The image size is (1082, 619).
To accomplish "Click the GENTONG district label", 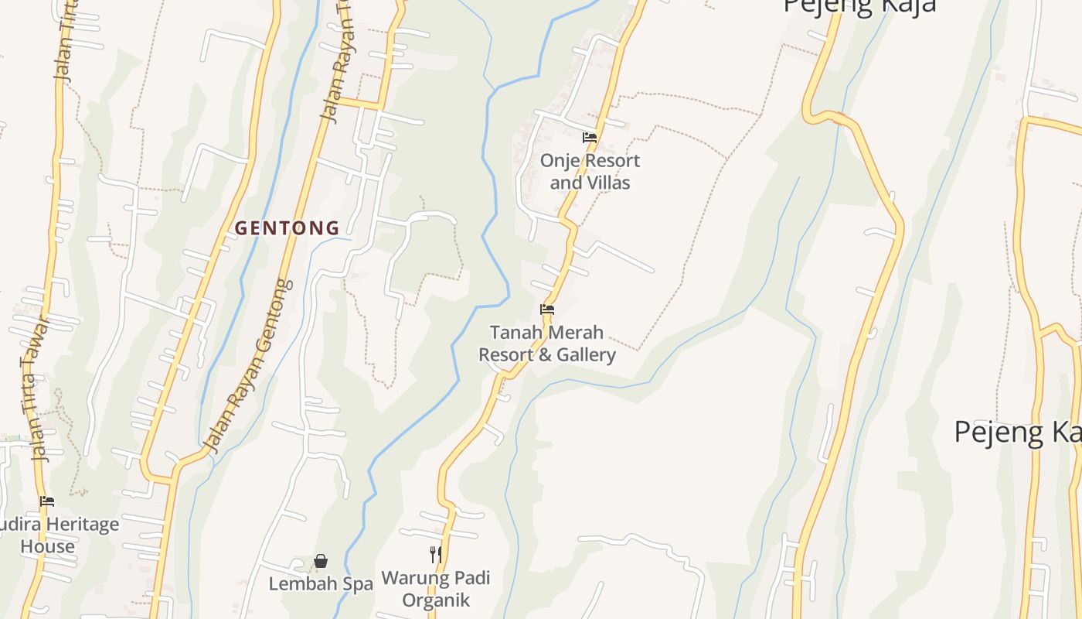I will [x=287, y=228].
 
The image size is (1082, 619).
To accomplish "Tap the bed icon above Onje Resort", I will [x=590, y=139].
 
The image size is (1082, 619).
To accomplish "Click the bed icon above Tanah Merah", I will [x=547, y=309].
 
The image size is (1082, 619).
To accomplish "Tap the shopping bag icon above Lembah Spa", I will [x=321, y=561].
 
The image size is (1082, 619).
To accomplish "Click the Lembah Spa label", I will [x=321, y=584].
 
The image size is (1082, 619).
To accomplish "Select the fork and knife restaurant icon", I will [x=436, y=555].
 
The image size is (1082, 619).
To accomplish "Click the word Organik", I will [x=436, y=600].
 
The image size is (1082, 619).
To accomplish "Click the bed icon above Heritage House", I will [x=47, y=501].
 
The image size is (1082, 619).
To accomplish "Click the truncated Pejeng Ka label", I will [x=1017, y=432].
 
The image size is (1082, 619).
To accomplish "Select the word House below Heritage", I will [x=48, y=547].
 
